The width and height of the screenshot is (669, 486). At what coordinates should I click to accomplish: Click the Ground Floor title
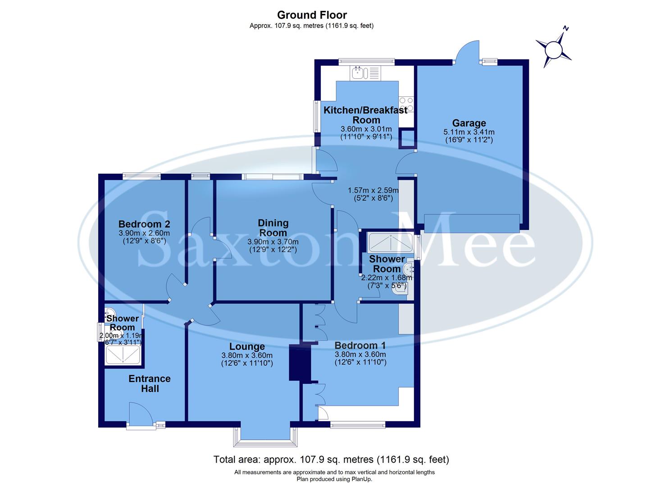312,15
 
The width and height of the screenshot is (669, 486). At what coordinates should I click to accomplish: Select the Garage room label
469,123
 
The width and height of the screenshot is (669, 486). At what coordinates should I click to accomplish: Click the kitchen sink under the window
366,72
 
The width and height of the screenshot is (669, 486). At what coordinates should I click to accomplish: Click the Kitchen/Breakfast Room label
366,115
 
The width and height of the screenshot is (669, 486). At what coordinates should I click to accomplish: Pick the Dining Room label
273,228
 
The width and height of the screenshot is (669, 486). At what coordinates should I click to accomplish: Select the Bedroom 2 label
144,224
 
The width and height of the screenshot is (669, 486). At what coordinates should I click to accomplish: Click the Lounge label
247,346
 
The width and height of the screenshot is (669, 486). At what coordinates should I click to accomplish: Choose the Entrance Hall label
150,383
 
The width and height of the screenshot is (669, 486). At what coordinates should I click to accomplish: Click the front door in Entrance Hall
139,414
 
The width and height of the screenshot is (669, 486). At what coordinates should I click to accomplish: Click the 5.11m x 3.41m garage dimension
469,132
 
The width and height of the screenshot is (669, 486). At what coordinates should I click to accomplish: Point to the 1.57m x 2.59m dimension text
370,190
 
